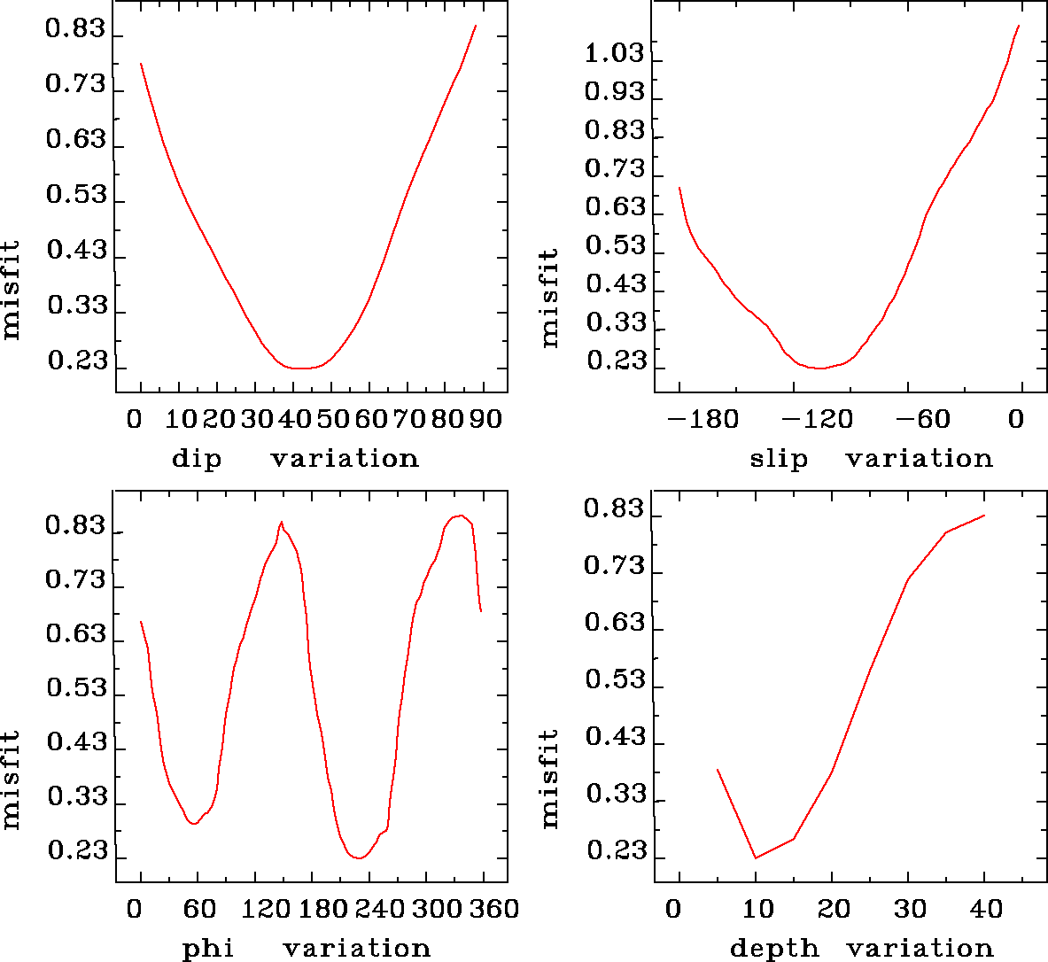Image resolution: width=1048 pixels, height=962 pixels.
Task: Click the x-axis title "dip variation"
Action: pyautogui.click(x=294, y=458)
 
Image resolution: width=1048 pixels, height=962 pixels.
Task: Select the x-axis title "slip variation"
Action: pyautogui.click(x=871, y=458)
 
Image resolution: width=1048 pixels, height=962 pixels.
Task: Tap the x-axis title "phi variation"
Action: pyautogui.click(x=306, y=949)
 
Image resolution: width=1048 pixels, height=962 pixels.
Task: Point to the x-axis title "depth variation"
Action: pyautogui.click(x=861, y=949)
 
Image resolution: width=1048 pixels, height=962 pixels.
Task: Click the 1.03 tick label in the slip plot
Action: pyautogui.click(x=614, y=54)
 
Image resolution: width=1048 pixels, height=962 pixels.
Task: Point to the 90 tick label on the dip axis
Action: pyautogui.click(x=485, y=418)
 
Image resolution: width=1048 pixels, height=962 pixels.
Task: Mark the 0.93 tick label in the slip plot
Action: pyautogui.click(x=614, y=93)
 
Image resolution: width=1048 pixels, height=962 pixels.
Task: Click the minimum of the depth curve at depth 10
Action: pyautogui.click(x=756, y=857)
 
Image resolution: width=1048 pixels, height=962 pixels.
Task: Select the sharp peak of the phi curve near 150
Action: pyautogui.click(x=282, y=522)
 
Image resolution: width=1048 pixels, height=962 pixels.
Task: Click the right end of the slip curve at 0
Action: pyautogui.click(x=1019, y=26)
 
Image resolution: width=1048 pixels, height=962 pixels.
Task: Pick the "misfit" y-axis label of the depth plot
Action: pyautogui.click(x=550, y=779)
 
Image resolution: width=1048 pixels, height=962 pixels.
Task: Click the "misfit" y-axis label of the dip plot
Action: pyautogui.click(x=11, y=290)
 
